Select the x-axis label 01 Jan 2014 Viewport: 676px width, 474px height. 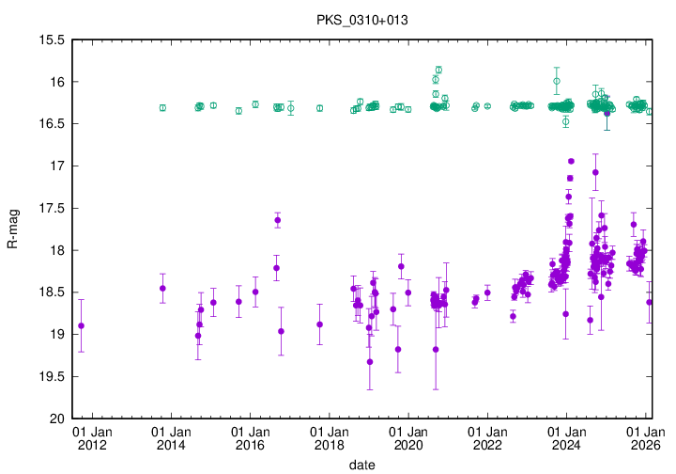point(170,438)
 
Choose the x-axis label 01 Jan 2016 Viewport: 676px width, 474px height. point(250,438)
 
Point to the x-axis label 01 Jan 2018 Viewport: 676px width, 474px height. point(329,438)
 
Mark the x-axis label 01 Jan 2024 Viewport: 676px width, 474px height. point(566,438)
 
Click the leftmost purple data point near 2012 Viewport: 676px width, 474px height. point(81,325)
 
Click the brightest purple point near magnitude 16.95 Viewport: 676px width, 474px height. point(571,162)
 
